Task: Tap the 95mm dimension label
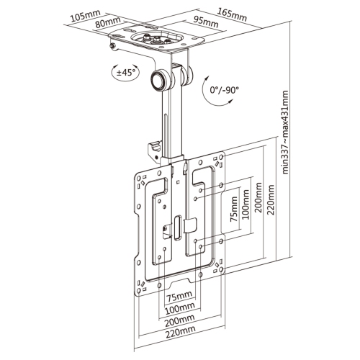tap(205, 22)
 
